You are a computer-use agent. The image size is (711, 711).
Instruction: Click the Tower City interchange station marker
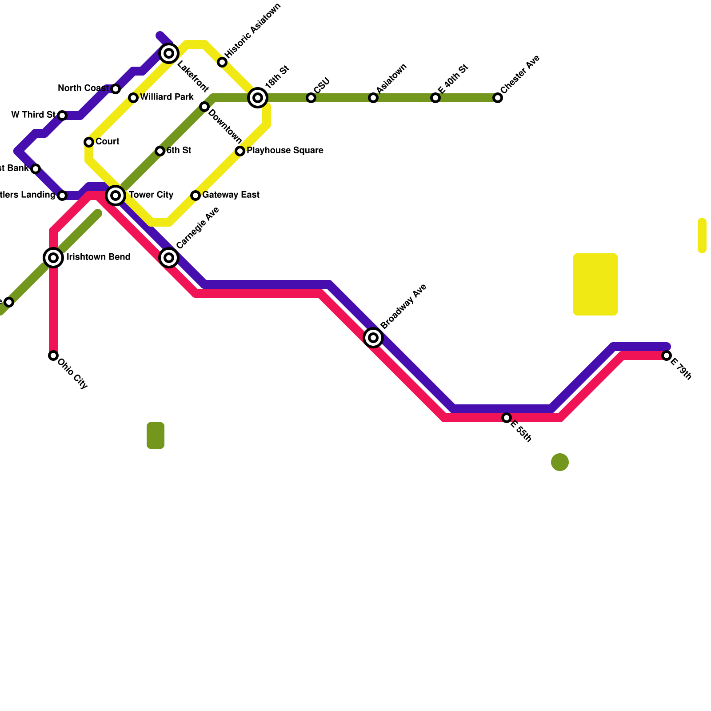pyautogui.click(x=116, y=196)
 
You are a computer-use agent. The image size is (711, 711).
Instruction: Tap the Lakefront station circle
pyautogui.click(x=169, y=54)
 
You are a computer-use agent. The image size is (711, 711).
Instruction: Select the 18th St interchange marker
pyautogui.click(x=258, y=98)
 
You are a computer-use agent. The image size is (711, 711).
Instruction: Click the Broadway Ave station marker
pyautogui.click(x=373, y=338)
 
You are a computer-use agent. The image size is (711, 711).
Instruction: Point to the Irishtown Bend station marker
pyautogui.click(x=53, y=258)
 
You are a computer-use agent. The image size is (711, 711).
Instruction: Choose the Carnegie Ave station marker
pyautogui.click(x=169, y=258)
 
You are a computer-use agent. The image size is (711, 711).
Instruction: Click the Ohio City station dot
pyautogui.click(x=53, y=355)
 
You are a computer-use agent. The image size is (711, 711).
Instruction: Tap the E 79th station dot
pyautogui.click(x=666, y=355)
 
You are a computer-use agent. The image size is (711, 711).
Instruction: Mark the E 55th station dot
pyautogui.click(x=507, y=418)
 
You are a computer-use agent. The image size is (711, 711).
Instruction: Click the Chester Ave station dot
pyautogui.click(x=498, y=98)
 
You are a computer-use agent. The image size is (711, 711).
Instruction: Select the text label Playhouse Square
pyautogui.click(x=285, y=151)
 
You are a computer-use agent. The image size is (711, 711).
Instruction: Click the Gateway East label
pyautogui.click(x=231, y=195)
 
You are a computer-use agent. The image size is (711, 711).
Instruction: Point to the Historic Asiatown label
pyautogui.click(x=253, y=31)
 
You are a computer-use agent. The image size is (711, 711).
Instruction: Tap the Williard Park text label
pyautogui.click(x=167, y=97)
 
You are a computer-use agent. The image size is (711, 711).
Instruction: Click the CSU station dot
pyautogui.click(x=311, y=98)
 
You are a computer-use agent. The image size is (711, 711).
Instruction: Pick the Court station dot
pyautogui.click(x=89, y=142)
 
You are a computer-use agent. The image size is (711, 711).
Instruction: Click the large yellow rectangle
pyautogui.click(x=595, y=284)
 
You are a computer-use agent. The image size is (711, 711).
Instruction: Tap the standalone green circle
pyautogui.click(x=560, y=462)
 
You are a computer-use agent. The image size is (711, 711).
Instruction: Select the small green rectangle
pyautogui.click(x=156, y=435)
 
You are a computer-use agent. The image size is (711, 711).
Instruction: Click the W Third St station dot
pyautogui.click(x=62, y=116)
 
